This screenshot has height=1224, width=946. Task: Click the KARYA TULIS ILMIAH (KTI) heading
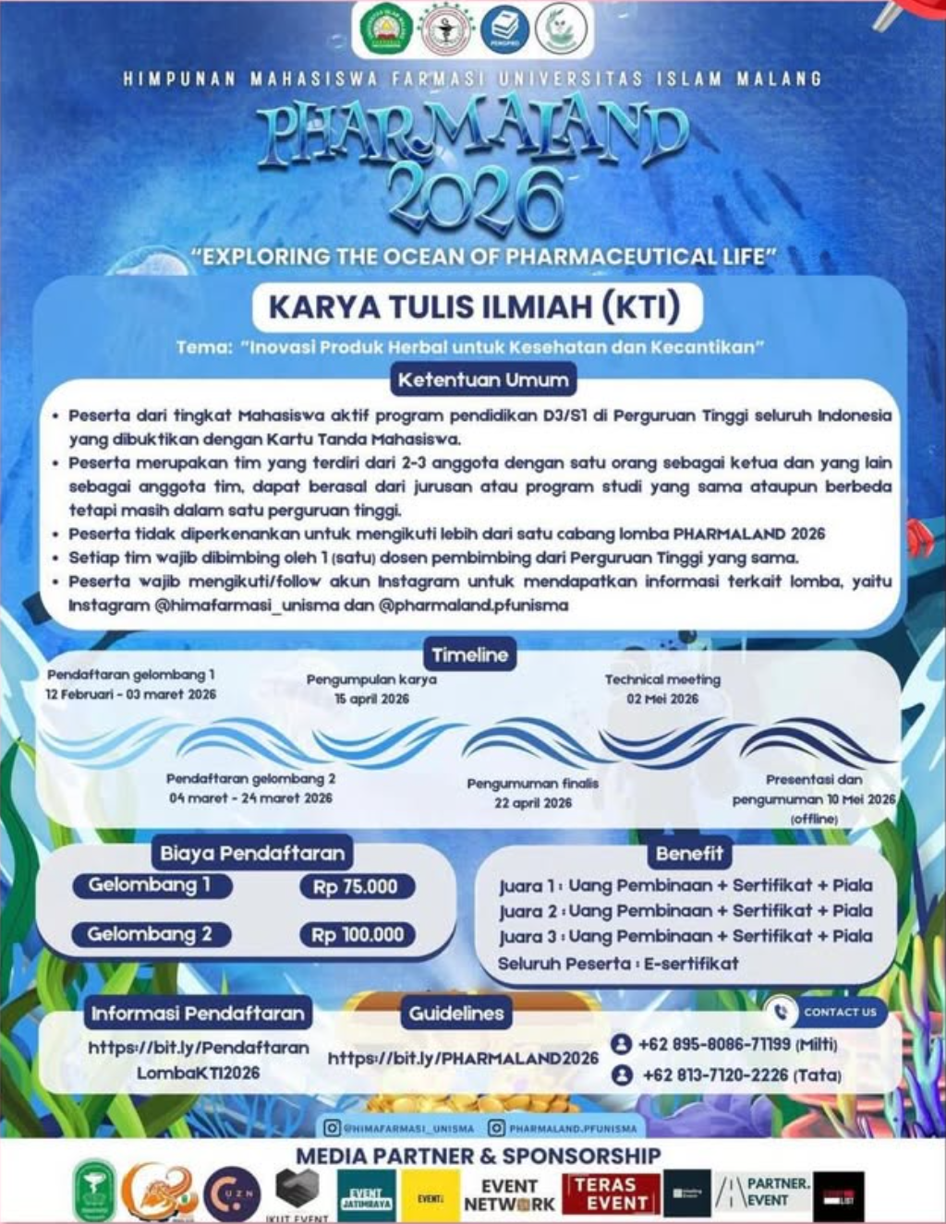click(474, 306)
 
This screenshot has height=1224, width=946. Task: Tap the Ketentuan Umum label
click(483, 379)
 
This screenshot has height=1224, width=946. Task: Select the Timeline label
click(469, 654)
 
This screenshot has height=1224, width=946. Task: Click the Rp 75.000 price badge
click(356, 887)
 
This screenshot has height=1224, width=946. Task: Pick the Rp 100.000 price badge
click(358, 935)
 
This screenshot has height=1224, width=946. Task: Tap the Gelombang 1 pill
click(151, 885)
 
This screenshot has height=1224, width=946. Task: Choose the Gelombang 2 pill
click(151, 935)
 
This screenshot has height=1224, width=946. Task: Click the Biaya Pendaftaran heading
click(252, 853)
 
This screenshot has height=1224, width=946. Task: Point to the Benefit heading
click(689, 853)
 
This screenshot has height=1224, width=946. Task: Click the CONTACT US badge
click(826, 1012)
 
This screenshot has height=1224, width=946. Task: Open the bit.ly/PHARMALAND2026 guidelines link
click(463, 1058)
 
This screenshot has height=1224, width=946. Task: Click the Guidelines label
click(456, 1013)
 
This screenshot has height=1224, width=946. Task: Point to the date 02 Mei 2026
click(662, 699)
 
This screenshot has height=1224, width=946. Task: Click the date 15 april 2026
click(371, 699)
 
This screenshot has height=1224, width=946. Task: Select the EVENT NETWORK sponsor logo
click(509, 1194)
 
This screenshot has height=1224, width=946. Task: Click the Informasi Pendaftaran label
click(198, 1013)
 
